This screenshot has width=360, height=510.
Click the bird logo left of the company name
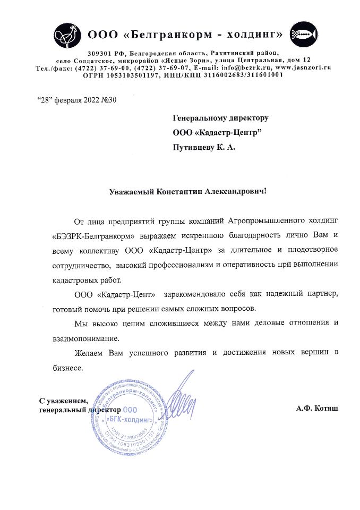(x=67, y=36)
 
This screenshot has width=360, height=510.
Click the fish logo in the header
(x=302, y=36)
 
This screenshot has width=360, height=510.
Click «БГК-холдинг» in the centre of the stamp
(x=130, y=421)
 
